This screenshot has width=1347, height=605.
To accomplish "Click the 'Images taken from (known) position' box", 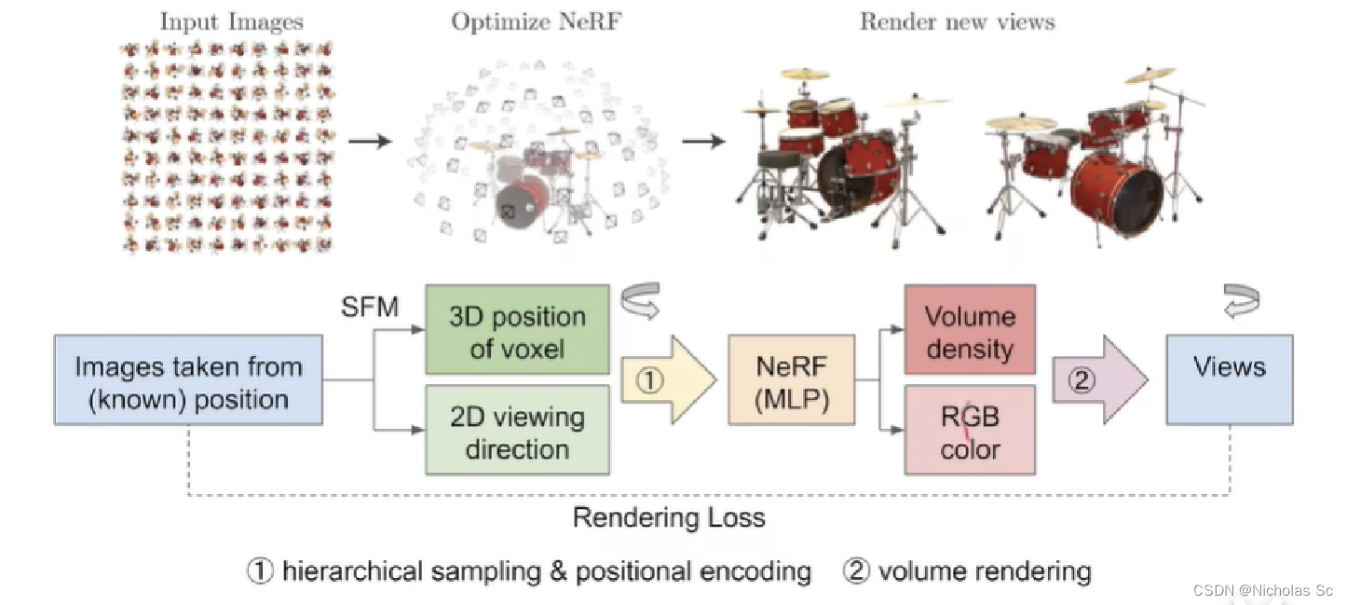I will [x=188, y=383].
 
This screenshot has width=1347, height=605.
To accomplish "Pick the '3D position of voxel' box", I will [x=517, y=332].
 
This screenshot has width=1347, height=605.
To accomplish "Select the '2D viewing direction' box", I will [x=517, y=432].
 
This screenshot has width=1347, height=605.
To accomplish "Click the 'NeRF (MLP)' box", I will [x=791, y=383].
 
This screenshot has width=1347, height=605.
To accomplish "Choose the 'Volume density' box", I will [x=969, y=332].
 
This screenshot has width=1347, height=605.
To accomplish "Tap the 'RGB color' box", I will [x=969, y=432].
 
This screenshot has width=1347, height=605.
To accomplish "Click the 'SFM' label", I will [x=369, y=306].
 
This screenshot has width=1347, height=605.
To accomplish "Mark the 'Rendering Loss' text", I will [x=669, y=517].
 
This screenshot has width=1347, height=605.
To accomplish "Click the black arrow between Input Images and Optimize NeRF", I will [x=370, y=142].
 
